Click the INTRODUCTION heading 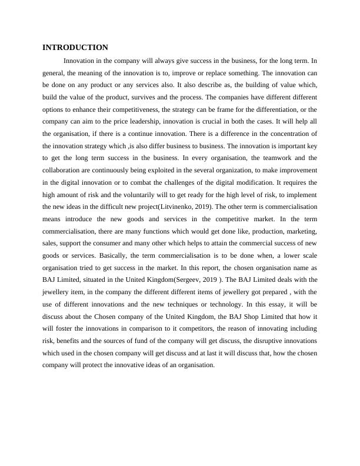coord(75,48)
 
